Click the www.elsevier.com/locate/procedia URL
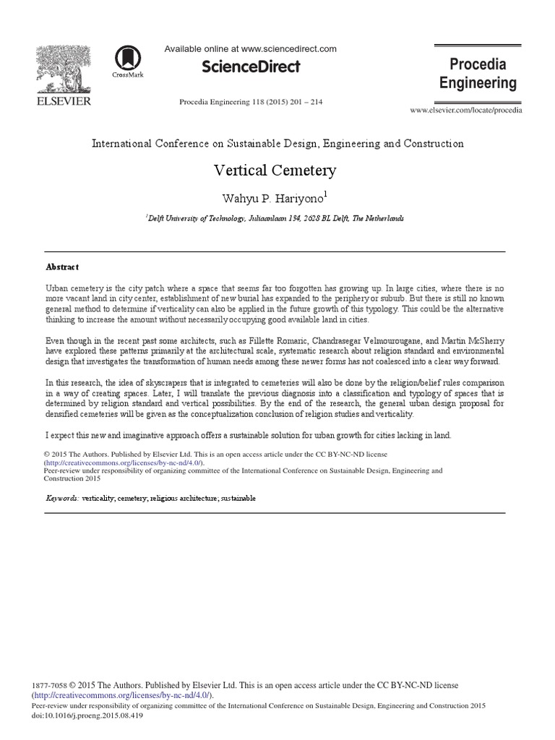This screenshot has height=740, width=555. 466,110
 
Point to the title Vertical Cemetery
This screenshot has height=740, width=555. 275,171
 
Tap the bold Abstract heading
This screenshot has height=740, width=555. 62,267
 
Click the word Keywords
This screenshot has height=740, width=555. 62,499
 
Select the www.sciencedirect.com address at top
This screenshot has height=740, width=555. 289,49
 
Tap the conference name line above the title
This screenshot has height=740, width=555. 277,144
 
